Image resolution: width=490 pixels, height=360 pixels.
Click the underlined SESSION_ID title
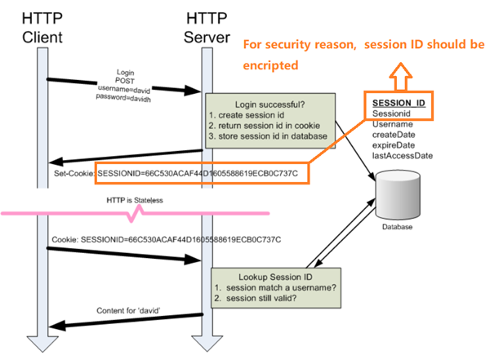[x=399, y=104]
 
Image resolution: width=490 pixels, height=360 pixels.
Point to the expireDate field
[x=394, y=144]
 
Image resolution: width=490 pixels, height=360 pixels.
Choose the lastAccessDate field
[x=402, y=155]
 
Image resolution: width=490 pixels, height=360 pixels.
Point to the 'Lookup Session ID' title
[x=268, y=276]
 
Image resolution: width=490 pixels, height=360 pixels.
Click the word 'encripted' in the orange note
[x=272, y=64]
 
